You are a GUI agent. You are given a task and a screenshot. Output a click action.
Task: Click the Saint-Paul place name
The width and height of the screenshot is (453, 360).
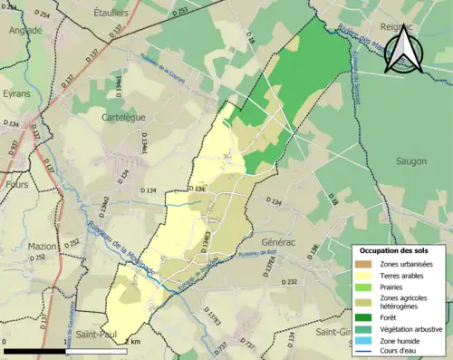pos(94,331)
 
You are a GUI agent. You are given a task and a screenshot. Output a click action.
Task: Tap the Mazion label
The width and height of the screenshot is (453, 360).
pos(43,246)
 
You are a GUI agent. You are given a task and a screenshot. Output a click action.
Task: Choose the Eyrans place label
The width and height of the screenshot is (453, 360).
pos(15,93)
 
